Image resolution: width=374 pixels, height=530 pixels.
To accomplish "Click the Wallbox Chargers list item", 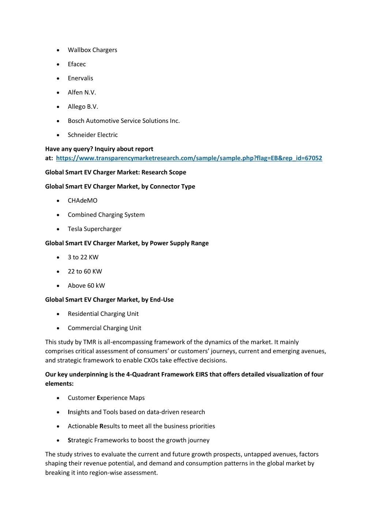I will (92, 50).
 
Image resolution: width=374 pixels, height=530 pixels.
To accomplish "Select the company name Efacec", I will (77, 64).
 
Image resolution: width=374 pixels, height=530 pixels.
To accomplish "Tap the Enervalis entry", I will (80, 78).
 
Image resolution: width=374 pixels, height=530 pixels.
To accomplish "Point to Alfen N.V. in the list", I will (82, 93).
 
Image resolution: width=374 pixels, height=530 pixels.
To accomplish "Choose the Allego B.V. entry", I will (83, 107).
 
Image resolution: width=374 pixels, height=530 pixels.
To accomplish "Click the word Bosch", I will (76, 121).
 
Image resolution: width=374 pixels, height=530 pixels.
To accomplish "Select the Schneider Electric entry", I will (93, 135).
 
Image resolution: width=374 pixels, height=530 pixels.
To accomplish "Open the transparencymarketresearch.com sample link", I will (189, 158).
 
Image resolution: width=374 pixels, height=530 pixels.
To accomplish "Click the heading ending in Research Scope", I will (116, 172).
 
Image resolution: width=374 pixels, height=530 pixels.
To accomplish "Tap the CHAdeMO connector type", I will (83, 201).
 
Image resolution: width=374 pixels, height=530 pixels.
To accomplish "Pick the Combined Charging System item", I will (106, 215).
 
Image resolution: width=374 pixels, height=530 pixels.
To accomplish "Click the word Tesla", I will (75, 229).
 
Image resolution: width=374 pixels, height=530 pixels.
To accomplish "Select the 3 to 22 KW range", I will (83, 257).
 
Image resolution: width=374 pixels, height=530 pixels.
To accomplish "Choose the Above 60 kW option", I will (86, 285).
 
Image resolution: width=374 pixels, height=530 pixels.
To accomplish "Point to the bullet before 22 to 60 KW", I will (58, 272).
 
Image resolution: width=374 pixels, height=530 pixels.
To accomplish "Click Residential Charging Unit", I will (103, 314).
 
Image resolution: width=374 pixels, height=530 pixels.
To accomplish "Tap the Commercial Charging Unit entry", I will (105, 328).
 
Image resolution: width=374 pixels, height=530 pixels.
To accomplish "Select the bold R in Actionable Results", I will (102, 426).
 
